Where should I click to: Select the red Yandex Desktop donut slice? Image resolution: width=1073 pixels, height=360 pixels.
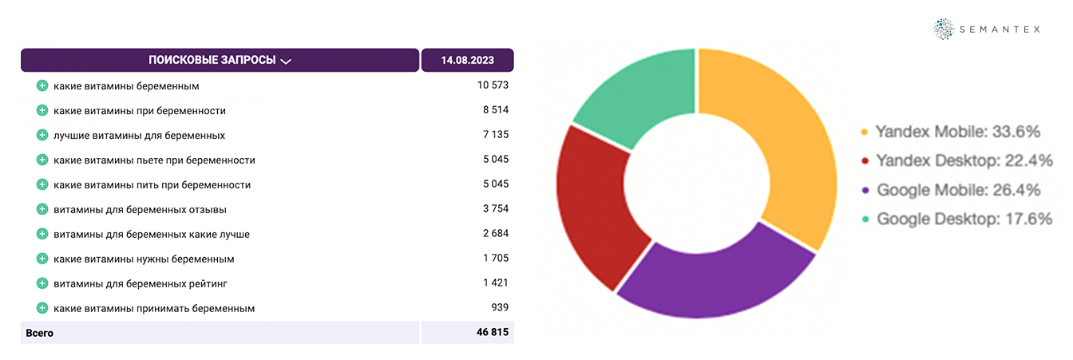591,208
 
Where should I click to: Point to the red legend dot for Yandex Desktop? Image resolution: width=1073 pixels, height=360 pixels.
865,161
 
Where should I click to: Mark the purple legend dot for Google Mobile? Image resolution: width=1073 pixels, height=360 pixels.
865,191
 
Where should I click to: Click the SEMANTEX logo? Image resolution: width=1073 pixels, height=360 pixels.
987,30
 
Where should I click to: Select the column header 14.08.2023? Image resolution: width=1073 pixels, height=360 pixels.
467,61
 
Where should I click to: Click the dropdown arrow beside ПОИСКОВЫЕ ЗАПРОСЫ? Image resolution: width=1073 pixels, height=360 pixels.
286,61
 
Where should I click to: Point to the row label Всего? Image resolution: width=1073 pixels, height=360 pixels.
40,333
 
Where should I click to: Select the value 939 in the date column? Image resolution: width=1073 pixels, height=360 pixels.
499,308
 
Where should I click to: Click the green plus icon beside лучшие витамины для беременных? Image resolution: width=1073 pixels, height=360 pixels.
42,135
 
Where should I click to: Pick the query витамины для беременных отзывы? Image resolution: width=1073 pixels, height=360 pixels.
140,210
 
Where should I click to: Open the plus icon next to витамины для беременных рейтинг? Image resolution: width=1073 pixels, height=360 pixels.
42,283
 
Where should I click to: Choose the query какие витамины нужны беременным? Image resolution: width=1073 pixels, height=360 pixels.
144,259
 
